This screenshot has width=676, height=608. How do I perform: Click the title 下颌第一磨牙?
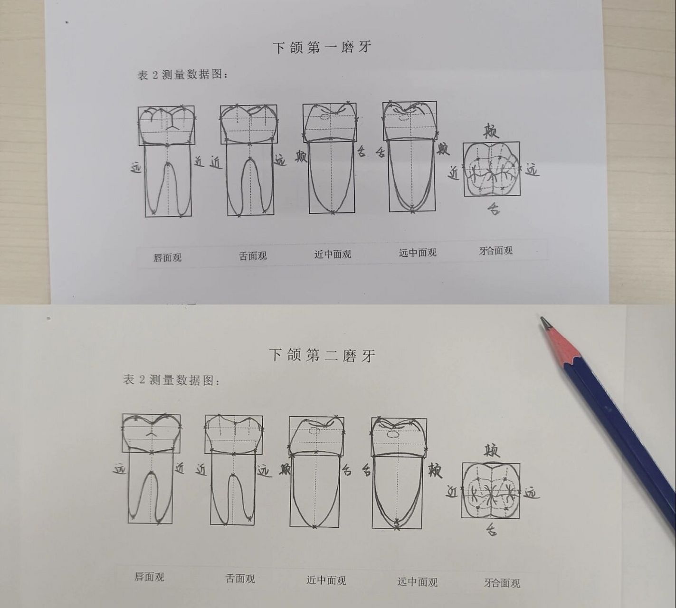pos(322,47)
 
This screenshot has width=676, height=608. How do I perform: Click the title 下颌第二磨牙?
pos(322,355)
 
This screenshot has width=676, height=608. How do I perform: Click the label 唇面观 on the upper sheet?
pos(167,258)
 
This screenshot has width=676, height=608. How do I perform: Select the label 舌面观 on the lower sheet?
pos(240,579)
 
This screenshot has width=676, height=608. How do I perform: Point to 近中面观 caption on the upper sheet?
pos(333,254)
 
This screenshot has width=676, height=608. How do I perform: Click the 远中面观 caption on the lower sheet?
pos(417,582)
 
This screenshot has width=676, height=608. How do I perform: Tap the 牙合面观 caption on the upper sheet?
pos(495,251)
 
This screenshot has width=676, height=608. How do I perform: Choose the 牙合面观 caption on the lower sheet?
pos(502,583)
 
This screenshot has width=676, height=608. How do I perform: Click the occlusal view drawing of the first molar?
pos(491,170)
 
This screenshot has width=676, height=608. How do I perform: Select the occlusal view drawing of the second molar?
pos(491,491)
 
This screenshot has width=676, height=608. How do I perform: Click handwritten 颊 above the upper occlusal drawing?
pos(491,131)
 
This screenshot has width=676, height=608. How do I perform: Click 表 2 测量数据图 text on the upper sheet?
pos(182,75)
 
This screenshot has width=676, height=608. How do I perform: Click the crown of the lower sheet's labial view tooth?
pos(152,432)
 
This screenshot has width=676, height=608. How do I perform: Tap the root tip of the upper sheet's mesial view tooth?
pos(332,212)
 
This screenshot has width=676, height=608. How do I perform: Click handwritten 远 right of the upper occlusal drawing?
pos(532,170)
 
